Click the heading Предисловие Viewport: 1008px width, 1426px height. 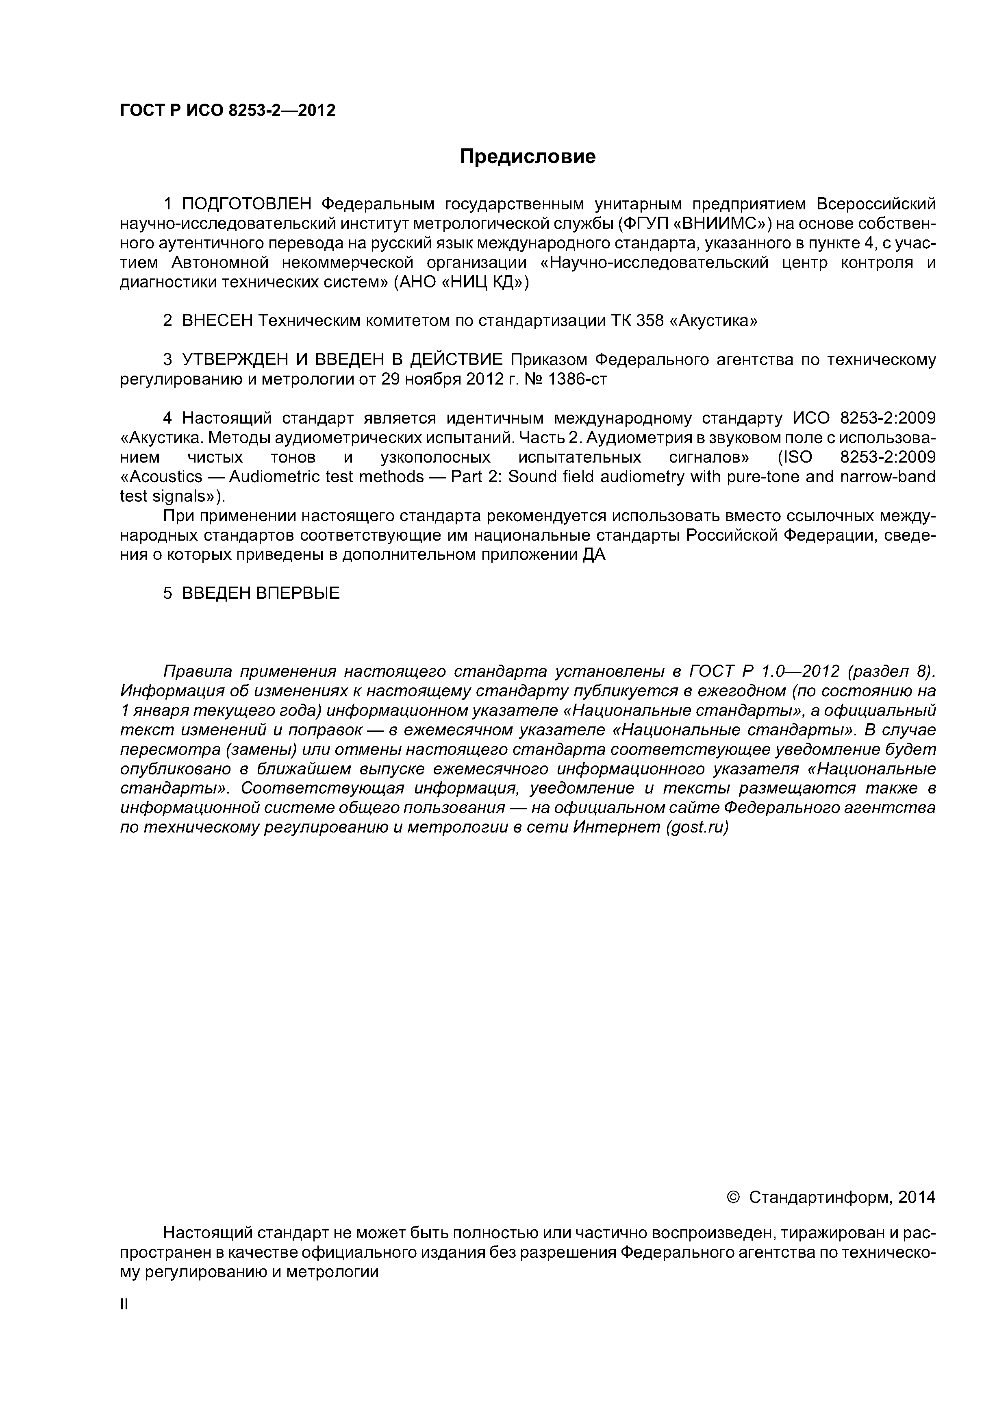[527, 157]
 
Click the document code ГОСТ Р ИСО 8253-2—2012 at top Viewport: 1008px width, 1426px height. [227, 111]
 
